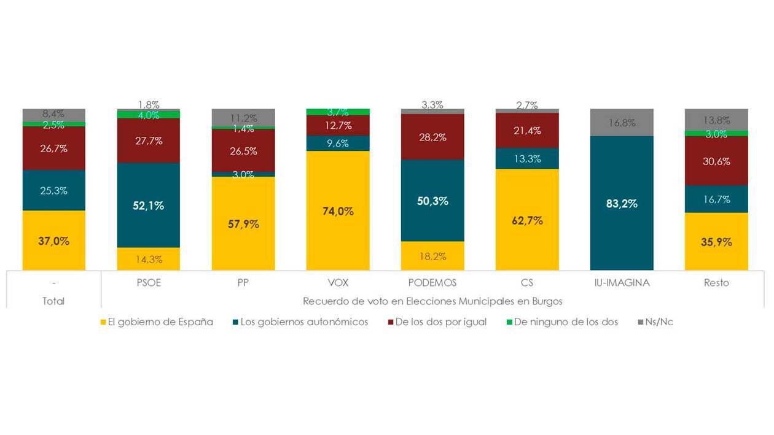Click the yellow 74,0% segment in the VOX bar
coord(338,211)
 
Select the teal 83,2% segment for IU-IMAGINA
coord(622,204)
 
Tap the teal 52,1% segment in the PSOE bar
coord(149,206)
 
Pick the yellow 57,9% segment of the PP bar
coord(243,224)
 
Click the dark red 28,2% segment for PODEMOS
coord(432,137)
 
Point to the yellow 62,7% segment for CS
coord(527,220)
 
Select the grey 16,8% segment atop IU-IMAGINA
coord(622,123)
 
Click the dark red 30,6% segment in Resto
coord(716,161)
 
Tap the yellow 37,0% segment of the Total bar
coord(54,241)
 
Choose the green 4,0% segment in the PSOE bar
coord(149,115)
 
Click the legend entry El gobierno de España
coord(160,321)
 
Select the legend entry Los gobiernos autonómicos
coord(304,321)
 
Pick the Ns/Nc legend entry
coord(659,321)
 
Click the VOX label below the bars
coord(338,283)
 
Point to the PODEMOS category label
coord(432,283)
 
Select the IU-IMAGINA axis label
coord(622,283)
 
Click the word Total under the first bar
coord(54,301)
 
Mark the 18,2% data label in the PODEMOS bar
coord(432,256)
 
